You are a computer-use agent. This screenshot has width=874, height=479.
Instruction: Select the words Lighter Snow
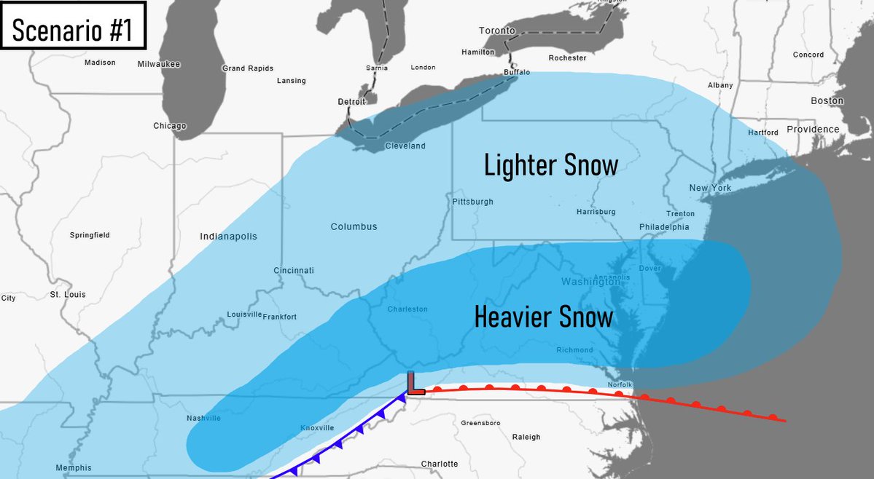tap(551, 165)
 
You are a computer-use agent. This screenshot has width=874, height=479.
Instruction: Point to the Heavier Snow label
tap(543, 317)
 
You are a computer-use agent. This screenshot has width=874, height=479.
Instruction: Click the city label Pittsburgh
tap(472, 202)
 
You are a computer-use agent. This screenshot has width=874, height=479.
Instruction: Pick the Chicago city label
tap(170, 126)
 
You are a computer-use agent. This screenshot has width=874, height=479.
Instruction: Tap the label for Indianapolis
tap(228, 237)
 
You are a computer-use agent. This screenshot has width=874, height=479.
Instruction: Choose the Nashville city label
tap(203, 418)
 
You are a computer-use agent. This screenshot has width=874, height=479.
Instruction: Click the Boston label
tap(827, 100)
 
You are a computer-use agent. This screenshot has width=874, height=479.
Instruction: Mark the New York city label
tap(710, 188)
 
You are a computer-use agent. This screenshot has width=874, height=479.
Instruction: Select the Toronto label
tap(496, 31)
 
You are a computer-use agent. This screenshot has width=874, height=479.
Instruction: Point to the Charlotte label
tap(440, 464)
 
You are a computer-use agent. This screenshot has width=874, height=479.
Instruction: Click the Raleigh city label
tap(526, 437)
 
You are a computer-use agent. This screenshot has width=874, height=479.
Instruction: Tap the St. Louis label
tap(68, 294)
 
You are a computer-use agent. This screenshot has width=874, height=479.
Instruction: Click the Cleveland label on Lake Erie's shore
tap(405, 146)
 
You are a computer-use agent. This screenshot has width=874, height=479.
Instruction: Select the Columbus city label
tap(354, 226)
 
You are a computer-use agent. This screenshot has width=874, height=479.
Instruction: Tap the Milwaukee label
tap(158, 64)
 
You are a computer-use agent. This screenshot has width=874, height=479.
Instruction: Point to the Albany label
tap(720, 85)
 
